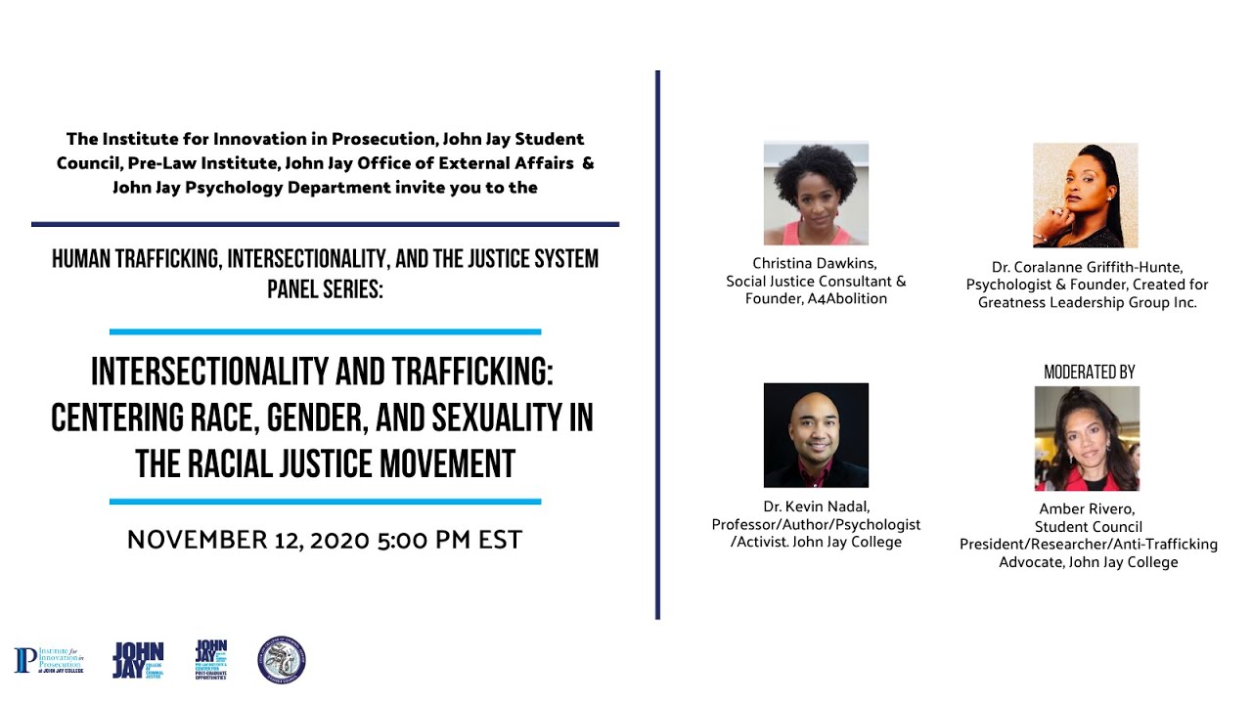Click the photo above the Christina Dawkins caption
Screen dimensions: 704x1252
816,194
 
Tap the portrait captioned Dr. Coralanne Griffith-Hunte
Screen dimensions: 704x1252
1086,196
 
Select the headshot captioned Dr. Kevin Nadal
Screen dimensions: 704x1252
816,435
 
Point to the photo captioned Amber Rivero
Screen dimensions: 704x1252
1087,438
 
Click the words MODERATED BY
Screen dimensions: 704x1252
1089,373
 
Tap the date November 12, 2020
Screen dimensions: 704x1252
248,540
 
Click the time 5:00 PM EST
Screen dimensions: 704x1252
450,540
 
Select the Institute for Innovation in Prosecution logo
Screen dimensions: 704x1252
49,660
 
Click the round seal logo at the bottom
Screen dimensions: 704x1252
282,660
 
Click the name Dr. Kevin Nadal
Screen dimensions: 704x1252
816,506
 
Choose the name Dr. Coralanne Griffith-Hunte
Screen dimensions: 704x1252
1087,267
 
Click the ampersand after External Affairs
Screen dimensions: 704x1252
588,163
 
